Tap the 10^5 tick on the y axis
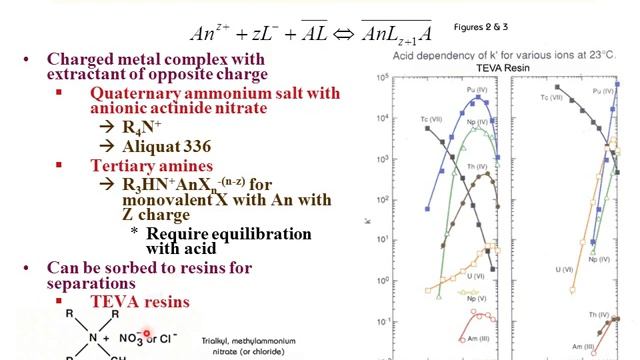point(369,77)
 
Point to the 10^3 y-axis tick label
point(369,159)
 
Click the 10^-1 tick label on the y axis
point(369,322)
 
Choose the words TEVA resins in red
point(139,301)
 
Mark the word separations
point(95,284)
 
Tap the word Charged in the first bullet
point(82,57)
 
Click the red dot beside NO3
point(146,334)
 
